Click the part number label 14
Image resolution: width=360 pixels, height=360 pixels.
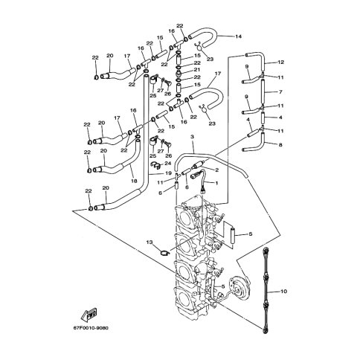coord(238,36)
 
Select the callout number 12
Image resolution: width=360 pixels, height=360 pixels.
coord(280,62)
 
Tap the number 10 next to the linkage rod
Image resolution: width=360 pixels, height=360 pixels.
coord(284,292)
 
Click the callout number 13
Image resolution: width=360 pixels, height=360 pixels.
coord(150,242)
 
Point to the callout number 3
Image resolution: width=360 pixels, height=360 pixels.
coord(192,137)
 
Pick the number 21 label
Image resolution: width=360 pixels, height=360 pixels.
coord(197,70)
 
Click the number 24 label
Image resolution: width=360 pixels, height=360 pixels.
coord(168,163)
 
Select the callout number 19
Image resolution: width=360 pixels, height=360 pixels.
coord(168,173)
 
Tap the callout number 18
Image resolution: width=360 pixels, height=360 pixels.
coord(134,181)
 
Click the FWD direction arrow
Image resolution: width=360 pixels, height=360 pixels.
coord(89,314)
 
